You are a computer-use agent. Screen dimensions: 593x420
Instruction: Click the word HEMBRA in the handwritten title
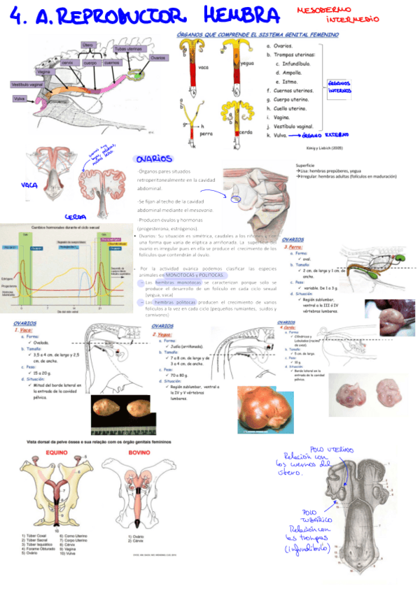pos(237,15)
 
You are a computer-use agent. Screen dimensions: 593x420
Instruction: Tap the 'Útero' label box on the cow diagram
pos(88,44)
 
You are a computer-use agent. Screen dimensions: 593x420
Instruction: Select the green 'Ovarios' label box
pos(158,58)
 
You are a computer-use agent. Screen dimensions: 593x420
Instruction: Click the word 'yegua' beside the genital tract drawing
pos(246,63)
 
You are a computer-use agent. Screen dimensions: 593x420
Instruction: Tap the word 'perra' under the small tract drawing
pos(206,132)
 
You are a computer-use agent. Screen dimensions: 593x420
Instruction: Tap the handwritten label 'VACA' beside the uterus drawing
pos(29,185)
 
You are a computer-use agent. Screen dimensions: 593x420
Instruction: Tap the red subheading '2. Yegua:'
pos(162,334)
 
